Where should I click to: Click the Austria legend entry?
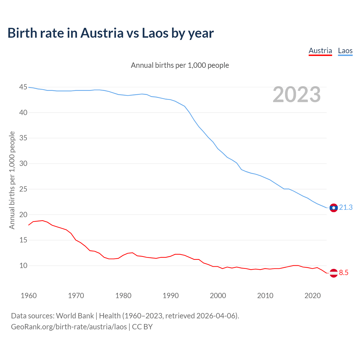[x=320, y=51]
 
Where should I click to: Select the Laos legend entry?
[x=345, y=51]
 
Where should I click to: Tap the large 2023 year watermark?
[x=297, y=94]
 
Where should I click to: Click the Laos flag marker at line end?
[x=334, y=208]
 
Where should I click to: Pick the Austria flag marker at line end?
[x=334, y=273]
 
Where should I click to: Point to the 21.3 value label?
[x=346, y=208]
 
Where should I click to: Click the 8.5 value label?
[x=344, y=273]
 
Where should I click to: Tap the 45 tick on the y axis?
[x=23, y=87]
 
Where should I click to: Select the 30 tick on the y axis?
[x=23, y=164]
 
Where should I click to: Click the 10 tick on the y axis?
[x=23, y=265]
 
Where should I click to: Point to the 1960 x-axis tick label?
[x=29, y=296]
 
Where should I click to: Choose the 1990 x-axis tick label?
[x=171, y=296]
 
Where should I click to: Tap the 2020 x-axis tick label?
[x=313, y=296]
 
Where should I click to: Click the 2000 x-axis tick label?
[x=218, y=296]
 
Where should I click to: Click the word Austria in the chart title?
[x=102, y=33]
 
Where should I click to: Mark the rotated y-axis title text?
[x=12, y=180]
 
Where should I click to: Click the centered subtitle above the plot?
[x=180, y=65]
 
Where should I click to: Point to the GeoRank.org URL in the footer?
[x=69, y=327]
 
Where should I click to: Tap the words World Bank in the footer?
[x=75, y=316]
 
